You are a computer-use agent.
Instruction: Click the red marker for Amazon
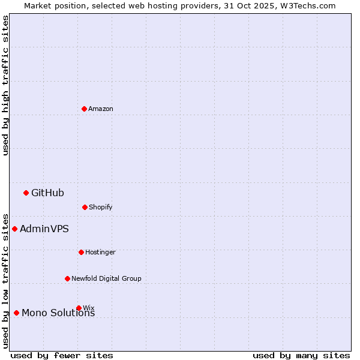point(84,109)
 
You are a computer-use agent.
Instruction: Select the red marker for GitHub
point(26,193)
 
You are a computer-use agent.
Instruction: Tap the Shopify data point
point(85,207)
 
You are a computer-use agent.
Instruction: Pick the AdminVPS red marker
point(14,229)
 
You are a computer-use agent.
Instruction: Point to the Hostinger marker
point(81,252)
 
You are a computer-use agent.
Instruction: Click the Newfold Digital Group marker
point(67,278)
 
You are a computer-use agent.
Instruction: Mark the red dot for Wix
point(79,308)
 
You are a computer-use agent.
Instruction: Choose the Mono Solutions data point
point(16,313)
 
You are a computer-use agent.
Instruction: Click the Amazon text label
point(101,109)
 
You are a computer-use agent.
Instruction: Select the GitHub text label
point(47,193)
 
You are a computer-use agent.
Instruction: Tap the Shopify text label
point(101,207)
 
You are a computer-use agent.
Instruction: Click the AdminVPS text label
point(44,229)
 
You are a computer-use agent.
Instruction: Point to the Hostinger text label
point(100,252)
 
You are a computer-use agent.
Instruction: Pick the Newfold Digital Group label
point(106,278)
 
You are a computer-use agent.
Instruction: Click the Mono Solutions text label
point(58,313)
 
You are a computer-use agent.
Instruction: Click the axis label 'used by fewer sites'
point(62,355)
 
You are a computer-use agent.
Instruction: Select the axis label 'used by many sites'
point(301,355)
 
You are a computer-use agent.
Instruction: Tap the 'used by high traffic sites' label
point(5,85)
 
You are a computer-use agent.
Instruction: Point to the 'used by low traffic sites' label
point(5,280)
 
